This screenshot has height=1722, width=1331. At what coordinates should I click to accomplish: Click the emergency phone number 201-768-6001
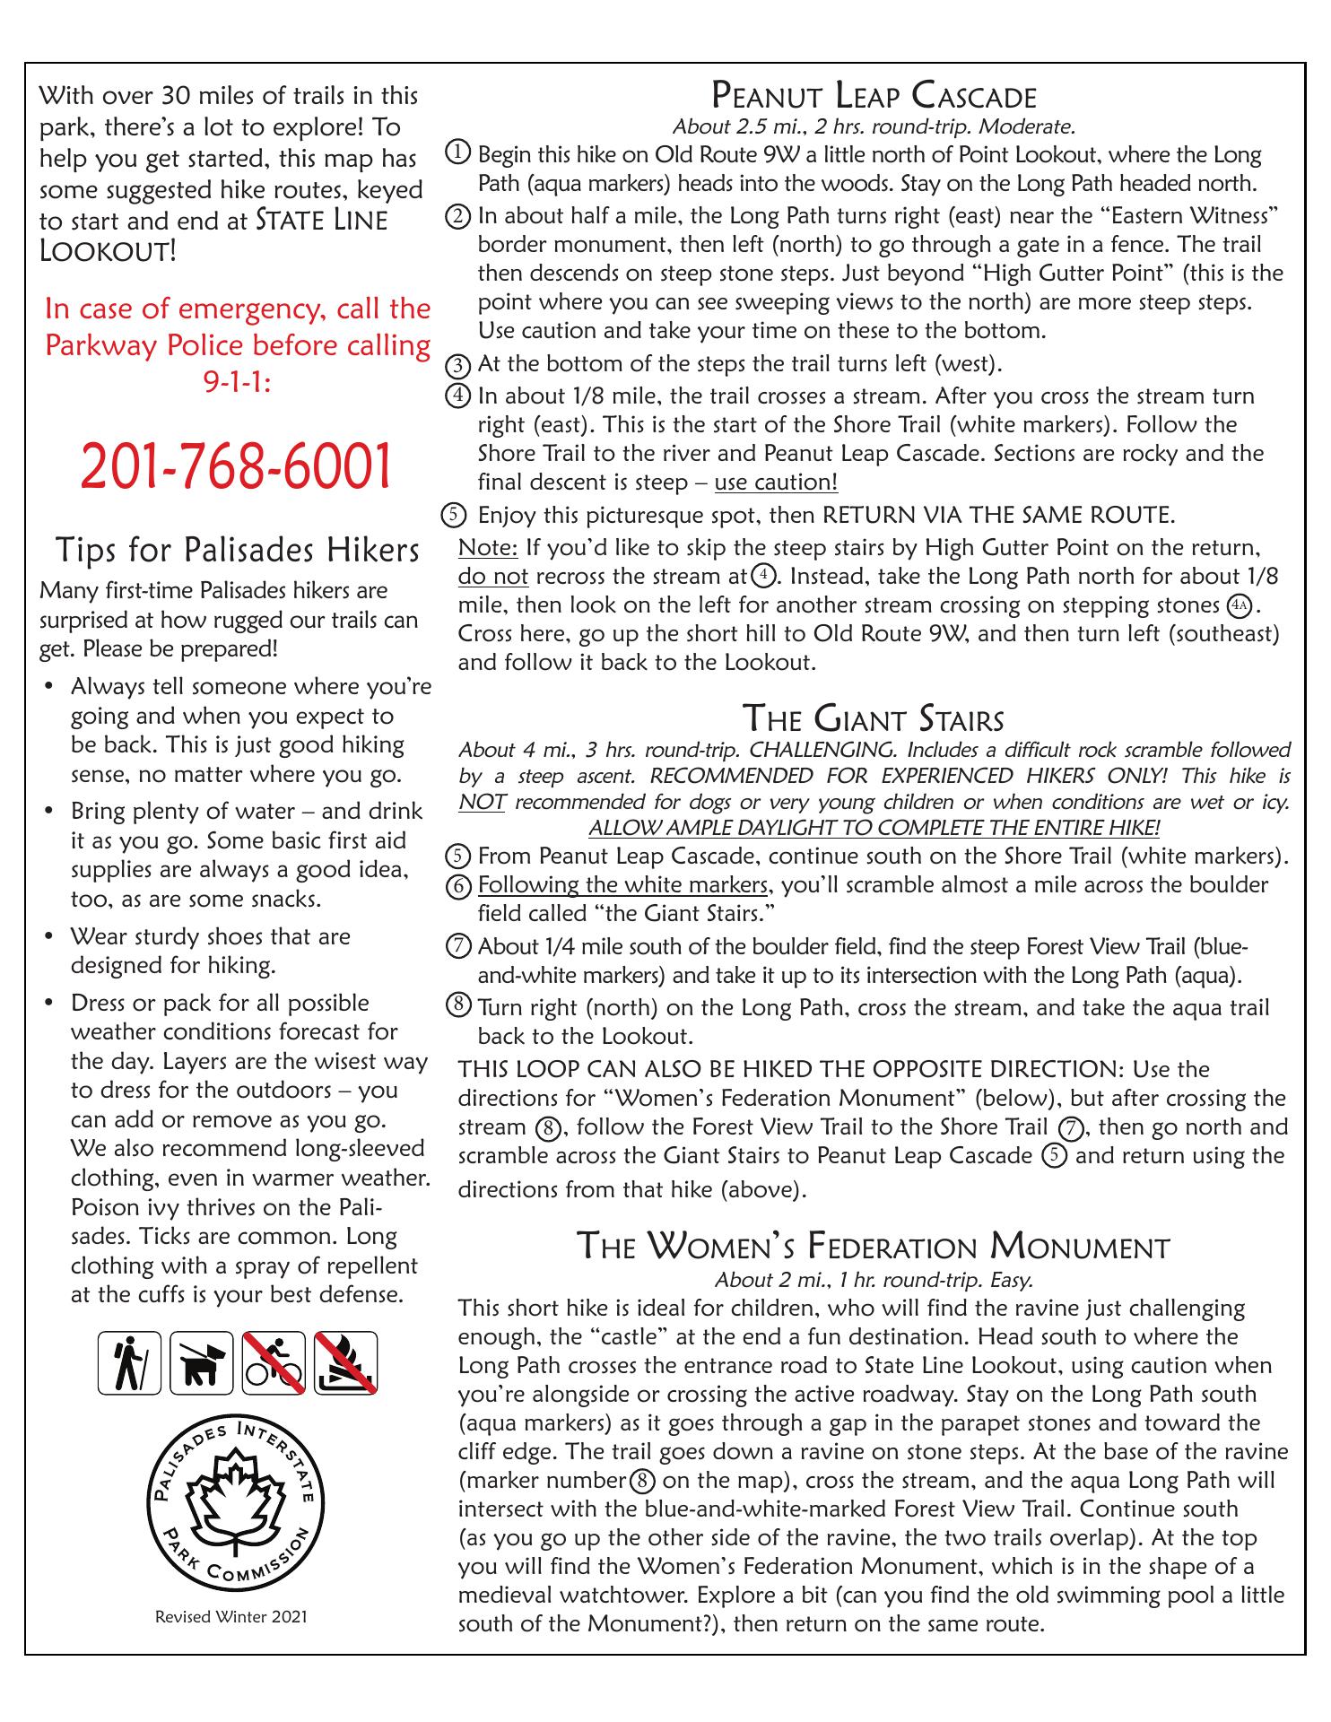pyautogui.click(x=237, y=466)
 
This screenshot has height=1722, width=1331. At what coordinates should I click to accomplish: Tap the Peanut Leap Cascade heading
pyautogui.click(x=874, y=95)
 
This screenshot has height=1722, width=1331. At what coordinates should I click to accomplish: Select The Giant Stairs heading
pyautogui.click(x=874, y=719)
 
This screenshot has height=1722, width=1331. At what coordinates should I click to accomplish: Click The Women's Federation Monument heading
pyautogui.click(x=874, y=1247)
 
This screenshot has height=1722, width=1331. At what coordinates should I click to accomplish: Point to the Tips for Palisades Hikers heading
pyautogui.click(x=238, y=549)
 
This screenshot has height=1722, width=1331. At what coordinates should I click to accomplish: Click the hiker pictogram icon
pyautogui.click(x=129, y=1363)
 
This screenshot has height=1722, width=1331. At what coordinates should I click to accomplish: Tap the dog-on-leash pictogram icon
pyautogui.click(x=202, y=1363)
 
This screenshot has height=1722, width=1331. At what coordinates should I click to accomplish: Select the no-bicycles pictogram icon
pyautogui.click(x=274, y=1363)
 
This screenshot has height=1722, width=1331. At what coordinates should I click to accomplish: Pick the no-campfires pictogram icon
pyautogui.click(x=345, y=1363)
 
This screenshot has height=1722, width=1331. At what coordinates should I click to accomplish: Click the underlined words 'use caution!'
pyautogui.click(x=776, y=483)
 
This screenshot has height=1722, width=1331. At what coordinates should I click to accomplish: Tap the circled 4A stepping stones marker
pyautogui.click(x=1240, y=605)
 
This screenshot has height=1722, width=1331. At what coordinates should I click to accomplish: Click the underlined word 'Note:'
pyautogui.click(x=488, y=547)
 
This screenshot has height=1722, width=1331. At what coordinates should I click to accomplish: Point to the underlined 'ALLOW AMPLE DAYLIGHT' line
pyautogui.click(x=874, y=827)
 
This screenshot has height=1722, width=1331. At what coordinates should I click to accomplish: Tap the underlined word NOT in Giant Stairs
pyautogui.click(x=482, y=802)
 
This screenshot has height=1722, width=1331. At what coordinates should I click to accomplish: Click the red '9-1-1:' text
pyautogui.click(x=238, y=383)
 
